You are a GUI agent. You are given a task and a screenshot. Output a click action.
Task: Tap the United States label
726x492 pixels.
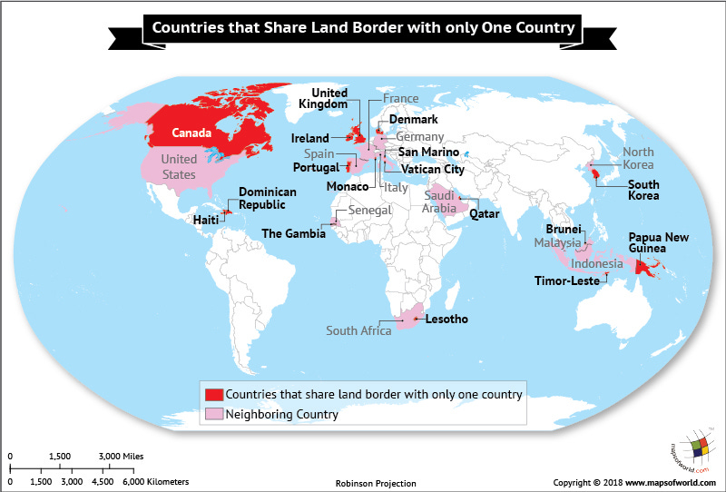pyautogui.click(x=178, y=167)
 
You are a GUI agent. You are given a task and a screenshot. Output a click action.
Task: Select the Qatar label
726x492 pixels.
pyautogui.click(x=484, y=212)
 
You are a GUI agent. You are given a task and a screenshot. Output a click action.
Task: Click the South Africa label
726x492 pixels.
pyautogui.click(x=359, y=330)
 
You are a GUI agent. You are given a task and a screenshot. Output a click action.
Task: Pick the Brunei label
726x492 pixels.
pyautogui.click(x=563, y=230)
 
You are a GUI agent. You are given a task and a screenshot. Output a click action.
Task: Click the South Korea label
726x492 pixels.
pyautogui.click(x=618, y=190)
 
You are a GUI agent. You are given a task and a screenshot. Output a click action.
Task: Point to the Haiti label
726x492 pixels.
pyautogui.click(x=205, y=219)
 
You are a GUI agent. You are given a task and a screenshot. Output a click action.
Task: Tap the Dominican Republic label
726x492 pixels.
pyautogui.click(x=268, y=199)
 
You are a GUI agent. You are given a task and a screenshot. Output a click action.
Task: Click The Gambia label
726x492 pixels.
pyautogui.click(x=292, y=233)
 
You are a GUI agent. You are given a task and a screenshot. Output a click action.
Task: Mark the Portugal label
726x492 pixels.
pyautogui.click(x=316, y=168)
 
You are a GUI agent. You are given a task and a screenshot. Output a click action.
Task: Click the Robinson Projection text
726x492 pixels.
pyautogui.click(x=376, y=483)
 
